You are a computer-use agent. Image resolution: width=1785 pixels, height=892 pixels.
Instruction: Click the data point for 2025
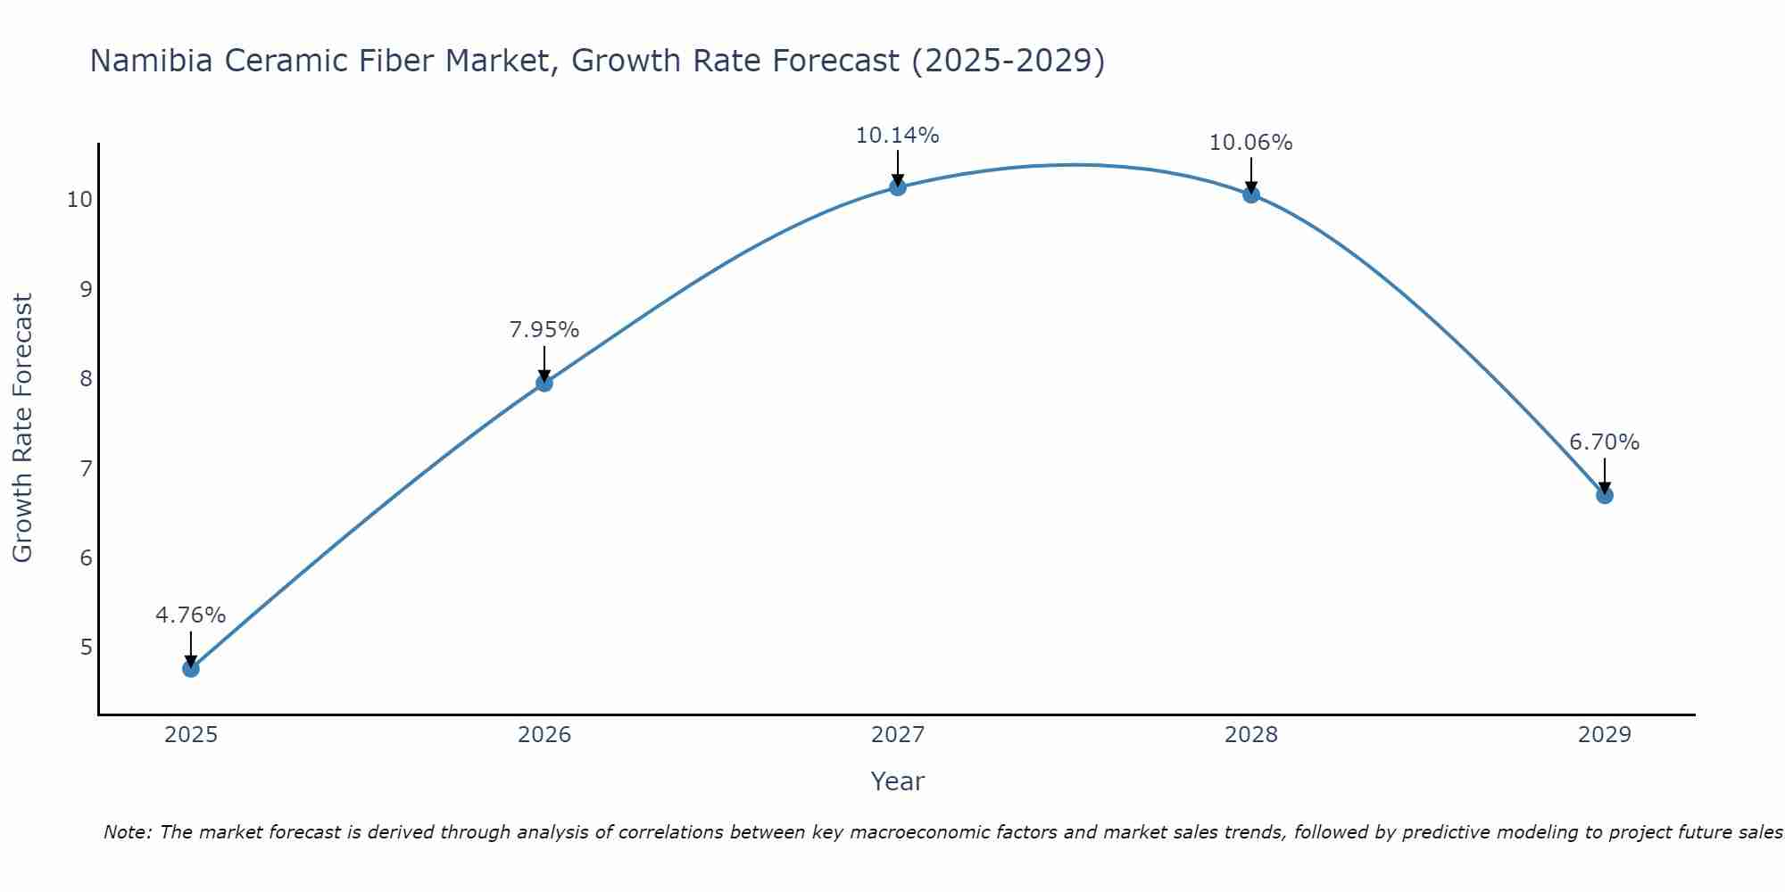pyautogui.click(x=191, y=668)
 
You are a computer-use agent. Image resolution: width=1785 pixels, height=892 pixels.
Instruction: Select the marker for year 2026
pyautogui.click(x=544, y=383)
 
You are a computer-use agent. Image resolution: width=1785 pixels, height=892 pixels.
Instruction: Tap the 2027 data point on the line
pyautogui.click(x=898, y=186)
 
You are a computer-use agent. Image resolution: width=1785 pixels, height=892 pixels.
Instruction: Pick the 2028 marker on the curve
pyautogui.click(x=1251, y=194)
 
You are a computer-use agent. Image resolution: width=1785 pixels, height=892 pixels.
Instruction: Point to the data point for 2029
pyautogui.click(x=1604, y=495)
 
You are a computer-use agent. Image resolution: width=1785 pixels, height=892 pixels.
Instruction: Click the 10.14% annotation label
pyautogui.click(x=897, y=136)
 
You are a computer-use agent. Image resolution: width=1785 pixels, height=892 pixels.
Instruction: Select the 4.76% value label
pyautogui.click(x=190, y=615)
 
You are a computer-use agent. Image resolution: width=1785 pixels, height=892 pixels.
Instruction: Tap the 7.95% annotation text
pyautogui.click(x=544, y=330)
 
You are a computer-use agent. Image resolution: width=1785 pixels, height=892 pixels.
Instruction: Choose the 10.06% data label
pyautogui.click(x=1250, y=143)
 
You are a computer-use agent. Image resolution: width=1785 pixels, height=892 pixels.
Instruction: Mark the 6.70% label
pyautogui.click(x=1604, y=442)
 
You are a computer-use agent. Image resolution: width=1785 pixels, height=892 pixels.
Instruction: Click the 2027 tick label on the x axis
pyautogui.click(x=898, y=735)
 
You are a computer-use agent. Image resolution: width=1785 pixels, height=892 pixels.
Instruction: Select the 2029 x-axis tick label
pyautogui.click(x=1604, y=735)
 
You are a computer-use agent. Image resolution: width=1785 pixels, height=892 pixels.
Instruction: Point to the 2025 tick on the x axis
pyautogui.click(x=191, y=735)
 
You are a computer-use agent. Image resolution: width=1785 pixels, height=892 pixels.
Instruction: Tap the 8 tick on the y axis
pyautogui.click(x=86, y=378)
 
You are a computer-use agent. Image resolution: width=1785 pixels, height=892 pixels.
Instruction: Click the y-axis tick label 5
pyautogui.click(x=86, y=647)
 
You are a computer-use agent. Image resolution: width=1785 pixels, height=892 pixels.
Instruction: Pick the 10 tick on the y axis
pyautogui.click(x=79, y=199)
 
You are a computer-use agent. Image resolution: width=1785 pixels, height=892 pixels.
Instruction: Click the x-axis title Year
pyautogui.click(x=897, y=781)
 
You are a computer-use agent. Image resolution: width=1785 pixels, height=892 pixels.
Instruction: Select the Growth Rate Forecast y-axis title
pyautogui.click(x=22, y=427)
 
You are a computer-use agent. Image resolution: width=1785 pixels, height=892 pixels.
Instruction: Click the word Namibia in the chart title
pyautogui.click(x=151, y=61)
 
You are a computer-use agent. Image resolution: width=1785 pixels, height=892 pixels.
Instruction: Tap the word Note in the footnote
pyautogui.click(x=128, y=832)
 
